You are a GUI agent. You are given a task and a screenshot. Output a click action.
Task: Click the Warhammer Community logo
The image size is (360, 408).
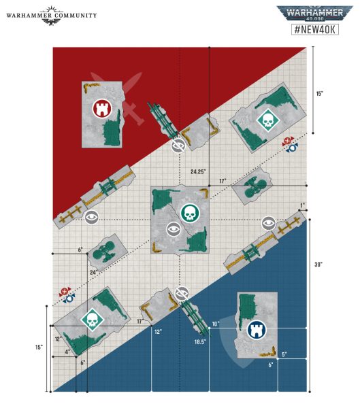pos(52,15)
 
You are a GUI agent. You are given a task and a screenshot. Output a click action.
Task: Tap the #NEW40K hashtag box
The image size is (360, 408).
pos(315,29)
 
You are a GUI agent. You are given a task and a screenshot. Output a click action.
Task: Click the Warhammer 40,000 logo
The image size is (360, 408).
pos(314,14)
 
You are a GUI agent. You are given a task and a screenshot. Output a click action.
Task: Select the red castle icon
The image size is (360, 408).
pos(102,109)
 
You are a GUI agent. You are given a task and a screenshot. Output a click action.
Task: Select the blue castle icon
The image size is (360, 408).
pos(257,329)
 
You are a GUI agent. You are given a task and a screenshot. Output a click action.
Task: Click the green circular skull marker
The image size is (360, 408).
pos(190,213)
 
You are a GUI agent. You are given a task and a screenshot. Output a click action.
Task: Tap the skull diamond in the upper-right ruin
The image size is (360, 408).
pos(267,120)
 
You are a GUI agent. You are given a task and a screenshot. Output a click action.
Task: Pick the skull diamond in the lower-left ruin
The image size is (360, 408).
pos(93,320)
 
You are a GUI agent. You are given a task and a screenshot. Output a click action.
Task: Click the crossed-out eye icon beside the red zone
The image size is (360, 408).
pos(178,146)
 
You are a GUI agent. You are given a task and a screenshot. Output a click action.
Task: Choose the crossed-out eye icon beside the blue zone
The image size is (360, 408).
pos(182,294)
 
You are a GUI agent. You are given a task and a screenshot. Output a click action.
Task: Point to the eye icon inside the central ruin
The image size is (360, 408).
pos(174,229)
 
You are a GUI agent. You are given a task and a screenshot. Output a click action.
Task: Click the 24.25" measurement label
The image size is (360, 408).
pos(198,171)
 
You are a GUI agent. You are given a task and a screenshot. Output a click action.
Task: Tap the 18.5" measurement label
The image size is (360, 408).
pos(200,342)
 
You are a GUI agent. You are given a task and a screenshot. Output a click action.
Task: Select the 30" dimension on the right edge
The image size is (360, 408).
pos(318,265)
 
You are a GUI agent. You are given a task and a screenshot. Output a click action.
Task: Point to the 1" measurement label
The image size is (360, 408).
pos(302,205)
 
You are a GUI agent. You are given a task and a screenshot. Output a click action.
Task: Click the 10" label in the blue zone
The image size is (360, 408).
pos(216,324)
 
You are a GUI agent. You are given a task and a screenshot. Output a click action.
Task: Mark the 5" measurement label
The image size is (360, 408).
pos(284,354)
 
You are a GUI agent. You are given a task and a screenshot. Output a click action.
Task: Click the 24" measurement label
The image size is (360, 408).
pos(94,273)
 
